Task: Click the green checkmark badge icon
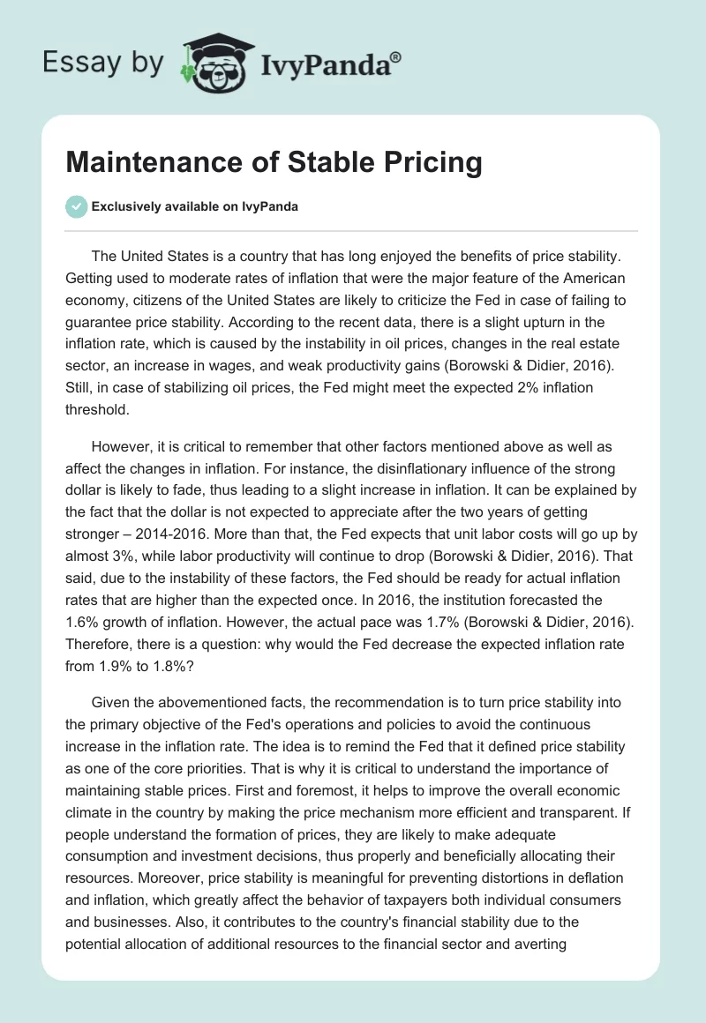[76, 206]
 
